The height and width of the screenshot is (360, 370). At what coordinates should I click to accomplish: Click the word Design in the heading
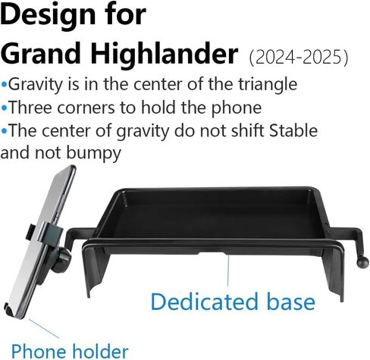point(48,17)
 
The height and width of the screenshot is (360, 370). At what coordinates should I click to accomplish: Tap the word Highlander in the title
point(164,54)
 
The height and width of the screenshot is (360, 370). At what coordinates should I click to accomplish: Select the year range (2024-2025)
point(299,58)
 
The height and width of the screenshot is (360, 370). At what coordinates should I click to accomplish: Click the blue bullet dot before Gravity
point(4,84)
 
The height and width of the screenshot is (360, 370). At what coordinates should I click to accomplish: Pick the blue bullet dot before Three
point(4,108)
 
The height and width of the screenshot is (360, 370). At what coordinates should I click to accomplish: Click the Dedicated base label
point(233,302)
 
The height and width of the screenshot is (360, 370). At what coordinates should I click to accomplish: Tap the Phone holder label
point(70,351)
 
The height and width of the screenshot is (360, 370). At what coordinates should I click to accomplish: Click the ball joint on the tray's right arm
point(363,263)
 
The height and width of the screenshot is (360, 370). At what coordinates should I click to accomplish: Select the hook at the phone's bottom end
point(10,310)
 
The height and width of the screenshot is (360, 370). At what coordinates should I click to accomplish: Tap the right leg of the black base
point(335,273)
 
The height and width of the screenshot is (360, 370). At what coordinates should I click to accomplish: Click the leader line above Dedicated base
point(228,270)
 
